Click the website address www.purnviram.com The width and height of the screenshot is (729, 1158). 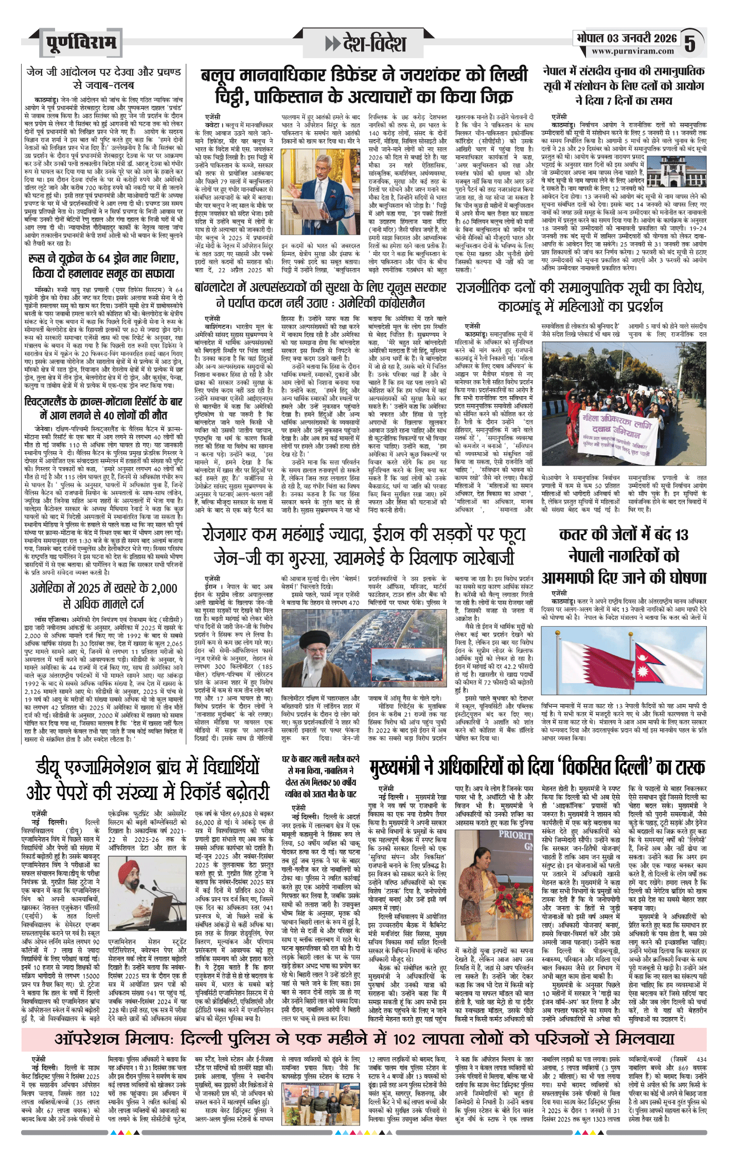[x=632, y=51]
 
